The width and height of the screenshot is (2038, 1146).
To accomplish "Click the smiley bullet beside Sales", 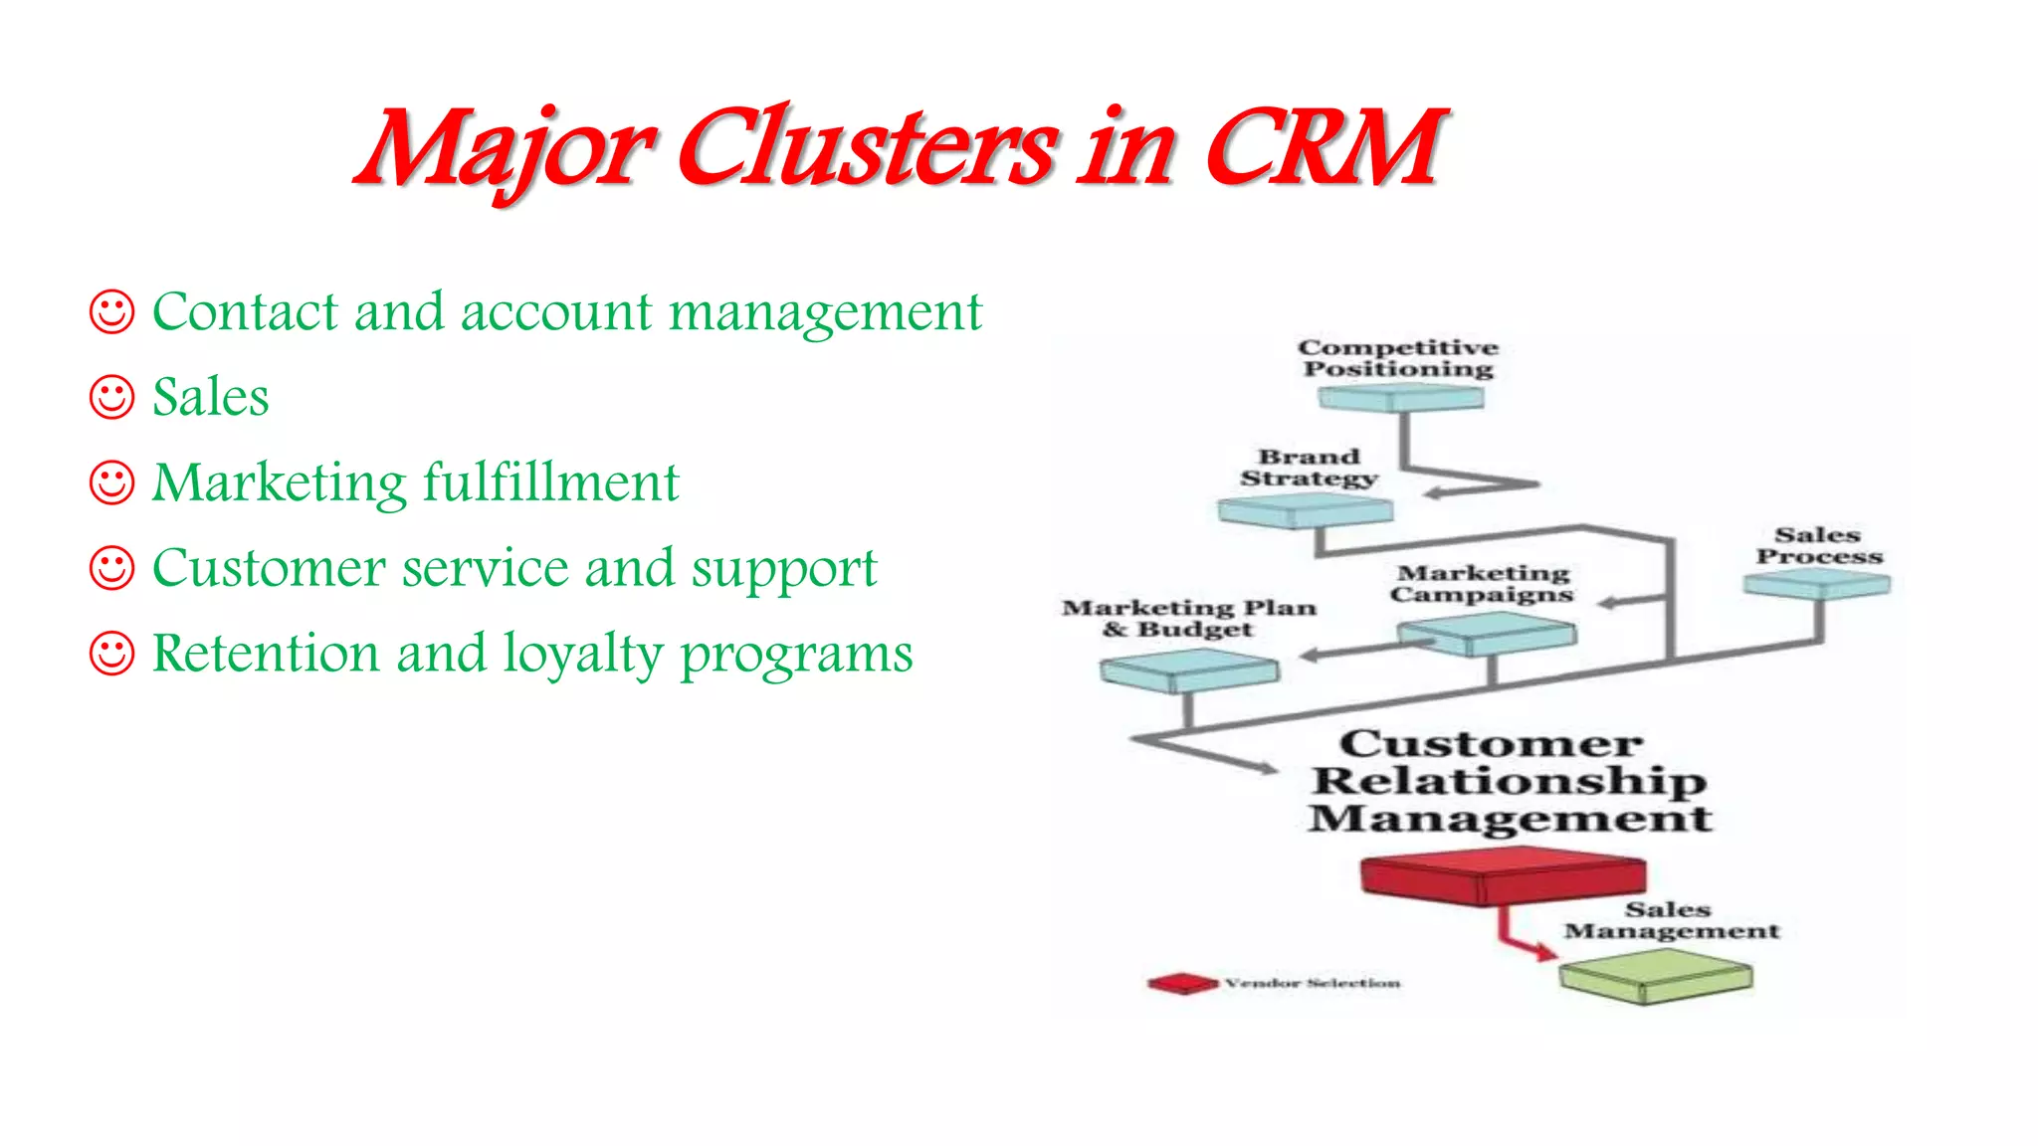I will point(111,397).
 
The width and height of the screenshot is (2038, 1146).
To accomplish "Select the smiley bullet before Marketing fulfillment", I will point(111,482).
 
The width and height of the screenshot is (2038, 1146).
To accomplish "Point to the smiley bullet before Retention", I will point(111,654).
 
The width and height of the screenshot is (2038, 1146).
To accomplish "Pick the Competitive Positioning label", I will point(1398,358).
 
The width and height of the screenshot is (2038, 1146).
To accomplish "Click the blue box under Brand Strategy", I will point(1305,511).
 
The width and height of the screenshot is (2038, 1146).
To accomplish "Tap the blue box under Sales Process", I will point(1817,585).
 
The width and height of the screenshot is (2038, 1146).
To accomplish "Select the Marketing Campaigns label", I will point(1483,584).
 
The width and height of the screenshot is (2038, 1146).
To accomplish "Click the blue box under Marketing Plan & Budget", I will point(1188,670).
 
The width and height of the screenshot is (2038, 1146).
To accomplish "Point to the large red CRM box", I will point(1503,875).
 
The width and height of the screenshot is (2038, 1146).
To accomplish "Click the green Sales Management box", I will point(1655,975).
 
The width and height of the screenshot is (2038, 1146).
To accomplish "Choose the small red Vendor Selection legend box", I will point(1182,984).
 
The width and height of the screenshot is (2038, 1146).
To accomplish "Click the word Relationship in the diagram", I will point(1509,782).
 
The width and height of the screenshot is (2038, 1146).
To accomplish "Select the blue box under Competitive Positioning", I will point(1401,399).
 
